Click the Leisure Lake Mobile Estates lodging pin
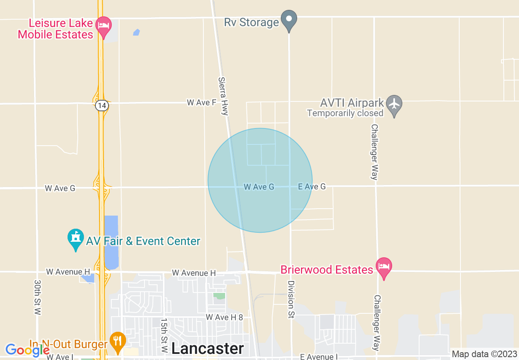(104, 26)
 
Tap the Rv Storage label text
(251, 22)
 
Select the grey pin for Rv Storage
(289, 20)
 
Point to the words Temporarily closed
(345, 113)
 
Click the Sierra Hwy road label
(223, 97)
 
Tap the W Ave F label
(201, 102)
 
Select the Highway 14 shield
(102, 106)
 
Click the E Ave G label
(312, 187)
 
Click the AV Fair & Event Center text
(143, 241)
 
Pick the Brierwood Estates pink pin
(384, 267)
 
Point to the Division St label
(291, 300)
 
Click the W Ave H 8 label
(224, 317)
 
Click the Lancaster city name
(208, 349)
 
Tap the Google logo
(27, 350)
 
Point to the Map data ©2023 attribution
(485, 354)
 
